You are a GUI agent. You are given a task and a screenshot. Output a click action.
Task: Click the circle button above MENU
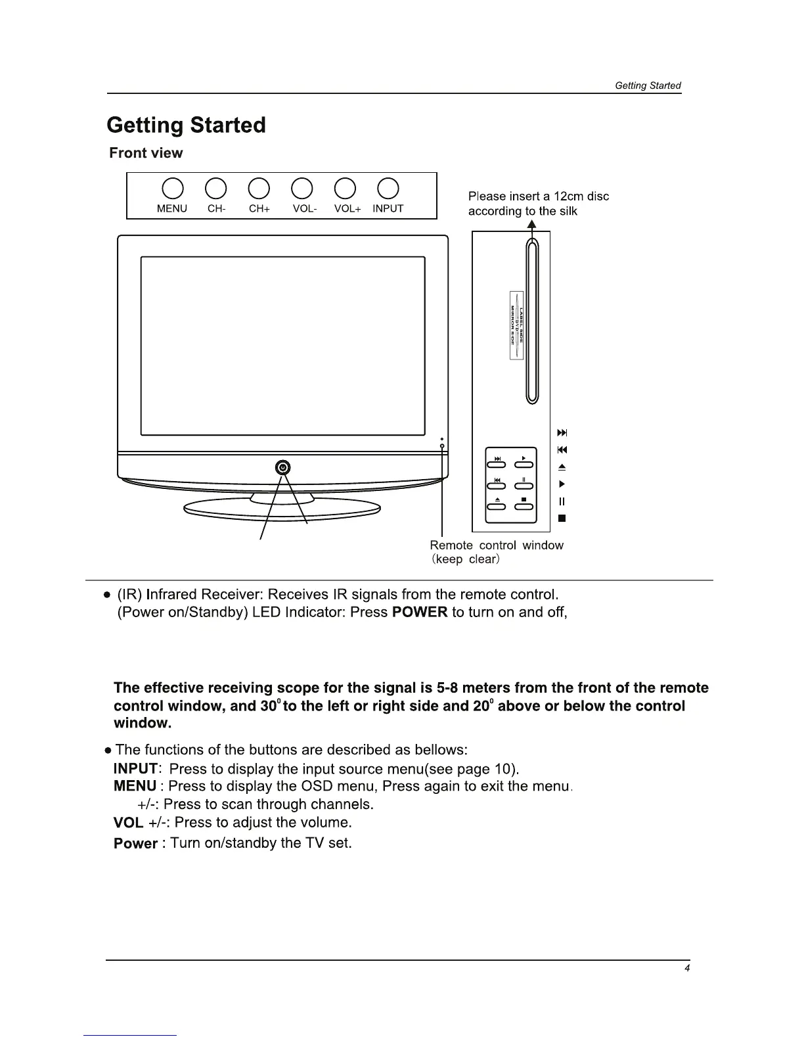(x=172, y=188)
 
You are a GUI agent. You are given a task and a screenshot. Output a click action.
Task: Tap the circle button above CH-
(x=216, y=188)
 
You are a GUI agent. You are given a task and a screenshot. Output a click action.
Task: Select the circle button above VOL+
(x=346, y=188)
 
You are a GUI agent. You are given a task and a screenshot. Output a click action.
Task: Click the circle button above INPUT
(x=388, y=188)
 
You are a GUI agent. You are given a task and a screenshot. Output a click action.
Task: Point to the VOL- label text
(x=305, y=208)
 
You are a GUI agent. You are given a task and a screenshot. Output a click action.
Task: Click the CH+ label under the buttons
(x=259, y=208)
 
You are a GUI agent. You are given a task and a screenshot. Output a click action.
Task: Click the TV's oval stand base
(x=282, y=507)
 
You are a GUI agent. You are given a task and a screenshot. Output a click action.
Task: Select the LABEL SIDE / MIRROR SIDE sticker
(x=516, y=325)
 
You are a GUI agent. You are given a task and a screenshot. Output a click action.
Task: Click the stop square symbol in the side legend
(x=562, y=519)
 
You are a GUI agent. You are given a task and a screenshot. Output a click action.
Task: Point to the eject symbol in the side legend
(x=562, y=467)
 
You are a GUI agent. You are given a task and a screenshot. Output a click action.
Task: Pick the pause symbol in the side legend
(x=562, y=501)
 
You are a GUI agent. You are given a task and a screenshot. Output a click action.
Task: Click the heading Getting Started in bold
(x=186, y=125)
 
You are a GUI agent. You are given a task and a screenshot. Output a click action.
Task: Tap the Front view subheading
(x=146, y=153)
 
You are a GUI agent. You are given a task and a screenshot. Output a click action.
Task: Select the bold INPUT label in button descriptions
(x=135, y=769)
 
